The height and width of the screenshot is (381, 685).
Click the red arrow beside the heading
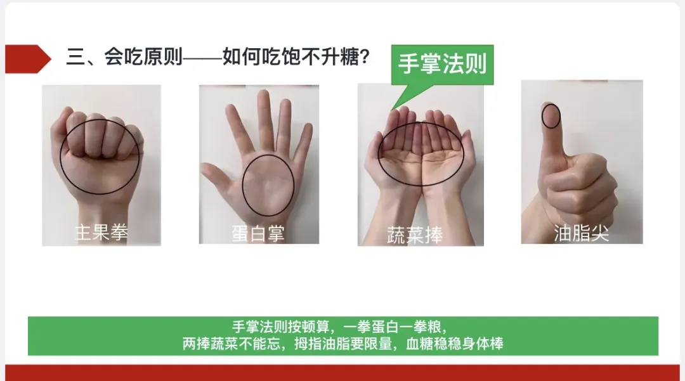28,59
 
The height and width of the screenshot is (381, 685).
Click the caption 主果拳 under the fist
101,232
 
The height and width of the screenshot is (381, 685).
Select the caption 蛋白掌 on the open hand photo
258,233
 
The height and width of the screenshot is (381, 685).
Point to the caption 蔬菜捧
415,235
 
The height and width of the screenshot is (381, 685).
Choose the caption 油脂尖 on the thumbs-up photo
582,233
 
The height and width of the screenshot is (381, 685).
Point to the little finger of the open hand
304,139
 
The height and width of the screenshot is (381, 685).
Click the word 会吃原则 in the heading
143,56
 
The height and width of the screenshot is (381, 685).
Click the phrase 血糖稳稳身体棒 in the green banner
455,344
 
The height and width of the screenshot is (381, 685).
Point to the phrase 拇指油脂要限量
343,344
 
